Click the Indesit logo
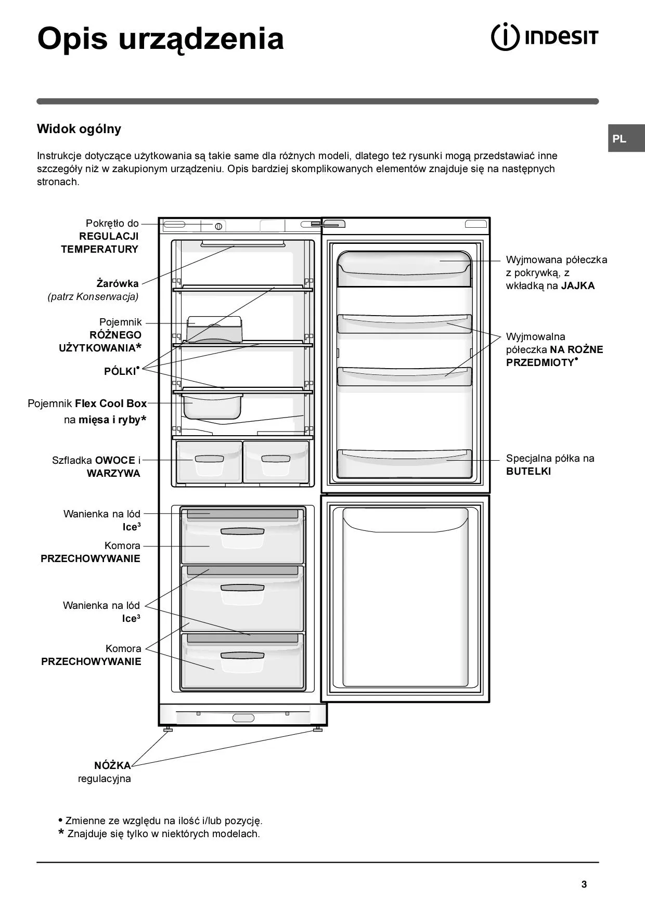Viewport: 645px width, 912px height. [545, 37]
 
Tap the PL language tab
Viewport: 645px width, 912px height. [620, 139]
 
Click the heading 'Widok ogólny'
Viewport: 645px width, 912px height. [79, 129]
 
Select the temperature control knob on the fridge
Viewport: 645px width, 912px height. [218, 226]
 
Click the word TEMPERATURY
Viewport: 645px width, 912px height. [100, 249]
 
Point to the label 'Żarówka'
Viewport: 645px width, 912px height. [118, 283]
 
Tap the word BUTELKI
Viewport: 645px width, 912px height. [528, 472]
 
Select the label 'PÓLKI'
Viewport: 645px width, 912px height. [120, 371]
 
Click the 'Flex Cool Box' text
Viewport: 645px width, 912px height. [111, 403]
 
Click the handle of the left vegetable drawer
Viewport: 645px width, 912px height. [209, 459]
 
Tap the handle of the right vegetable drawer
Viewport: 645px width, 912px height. [275, 459]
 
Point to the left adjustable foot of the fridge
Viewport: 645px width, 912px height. [167, 730]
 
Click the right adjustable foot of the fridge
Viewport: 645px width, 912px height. [317, 729]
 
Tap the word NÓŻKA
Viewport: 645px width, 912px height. [112, 765]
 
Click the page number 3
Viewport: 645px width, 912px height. [584, 884]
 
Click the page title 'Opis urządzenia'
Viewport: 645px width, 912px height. [161, 39]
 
